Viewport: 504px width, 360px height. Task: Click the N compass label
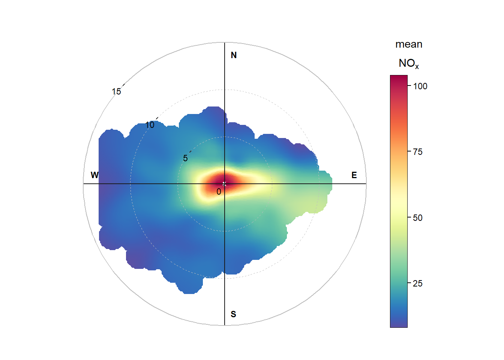tap(234, 55)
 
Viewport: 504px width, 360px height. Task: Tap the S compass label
tap(233, 314)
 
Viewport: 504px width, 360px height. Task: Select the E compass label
tap(354, 175)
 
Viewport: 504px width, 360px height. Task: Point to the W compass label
tap(94, 175)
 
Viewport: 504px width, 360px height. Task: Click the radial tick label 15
tap(116, 91)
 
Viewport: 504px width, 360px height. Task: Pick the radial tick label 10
tap(150, 125)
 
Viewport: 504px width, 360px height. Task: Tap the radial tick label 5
tap(185, 158)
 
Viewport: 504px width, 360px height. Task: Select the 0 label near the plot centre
tap(219, 192)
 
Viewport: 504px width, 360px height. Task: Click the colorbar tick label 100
tap(420, 86)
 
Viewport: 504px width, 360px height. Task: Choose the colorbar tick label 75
tap(418, 152)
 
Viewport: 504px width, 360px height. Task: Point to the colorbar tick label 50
tap(418, 218)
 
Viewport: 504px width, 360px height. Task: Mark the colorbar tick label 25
tap(418, 283)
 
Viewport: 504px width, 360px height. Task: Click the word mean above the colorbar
tap(409, 45)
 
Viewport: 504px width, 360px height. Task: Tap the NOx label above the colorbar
tap(408, 63)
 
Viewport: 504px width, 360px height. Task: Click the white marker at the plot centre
tap(224, 184)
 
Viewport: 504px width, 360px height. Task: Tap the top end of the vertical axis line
tap(225, 43)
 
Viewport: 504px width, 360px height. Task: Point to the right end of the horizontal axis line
tap(365, 184)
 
